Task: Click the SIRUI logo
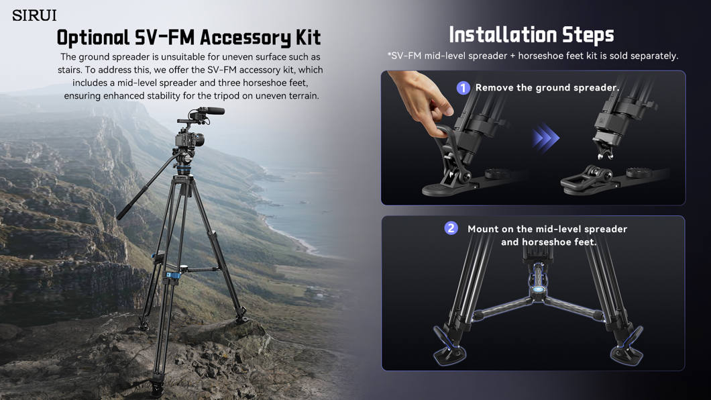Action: pyautogui.click(x=34, y=15)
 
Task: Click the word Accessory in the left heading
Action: pyautogui.click(x=245, y=38)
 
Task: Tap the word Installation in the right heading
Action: pyautogui.click(x=502, y=35)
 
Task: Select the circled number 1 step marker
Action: pyautogui.click(x=463, y=87)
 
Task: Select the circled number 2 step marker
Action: pyautogui.click(x=451, y=228)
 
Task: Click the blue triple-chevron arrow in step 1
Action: pyautogui.click(x=545, y=138)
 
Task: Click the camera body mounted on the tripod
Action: pyautogui.click(x=190, y=136)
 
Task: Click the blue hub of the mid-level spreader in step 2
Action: pyautogui.click(x=538, y=289)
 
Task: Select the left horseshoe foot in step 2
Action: pyautogui.click(x=449, y=348)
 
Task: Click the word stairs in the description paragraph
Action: pyautogui.click(x=70, y=70)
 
